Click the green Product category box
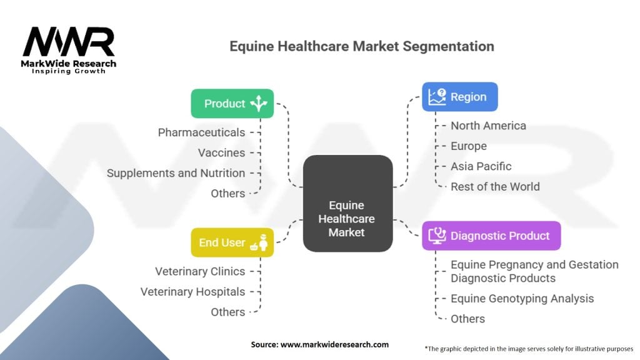tap(232, 104)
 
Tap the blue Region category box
tap(459, 97)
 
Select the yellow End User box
tap(232, 242)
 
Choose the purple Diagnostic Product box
tap(491, 236)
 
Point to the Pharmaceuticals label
tap(201, 132)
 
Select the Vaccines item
tap(221, 152)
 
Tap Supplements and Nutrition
tap(176, 173)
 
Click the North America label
tap(488, 126)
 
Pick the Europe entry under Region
tap(468, 146)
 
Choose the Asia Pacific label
tap(481, 166)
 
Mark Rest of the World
tap(495, 186)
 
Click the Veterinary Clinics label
tap(200, 271)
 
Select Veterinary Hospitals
tap(192, 291)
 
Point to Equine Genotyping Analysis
tap(522, 299)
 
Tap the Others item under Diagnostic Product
tap(467, 319)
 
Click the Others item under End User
tap(227, 312)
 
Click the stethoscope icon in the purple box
tap(436, 236)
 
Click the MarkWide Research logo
tap(69, 50)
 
